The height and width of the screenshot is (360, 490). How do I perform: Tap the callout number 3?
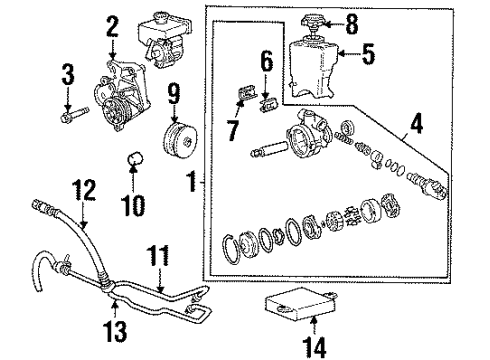point(68,73)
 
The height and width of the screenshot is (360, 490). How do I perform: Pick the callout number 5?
point(368,56)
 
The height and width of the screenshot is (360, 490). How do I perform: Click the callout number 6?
point(266,62)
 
